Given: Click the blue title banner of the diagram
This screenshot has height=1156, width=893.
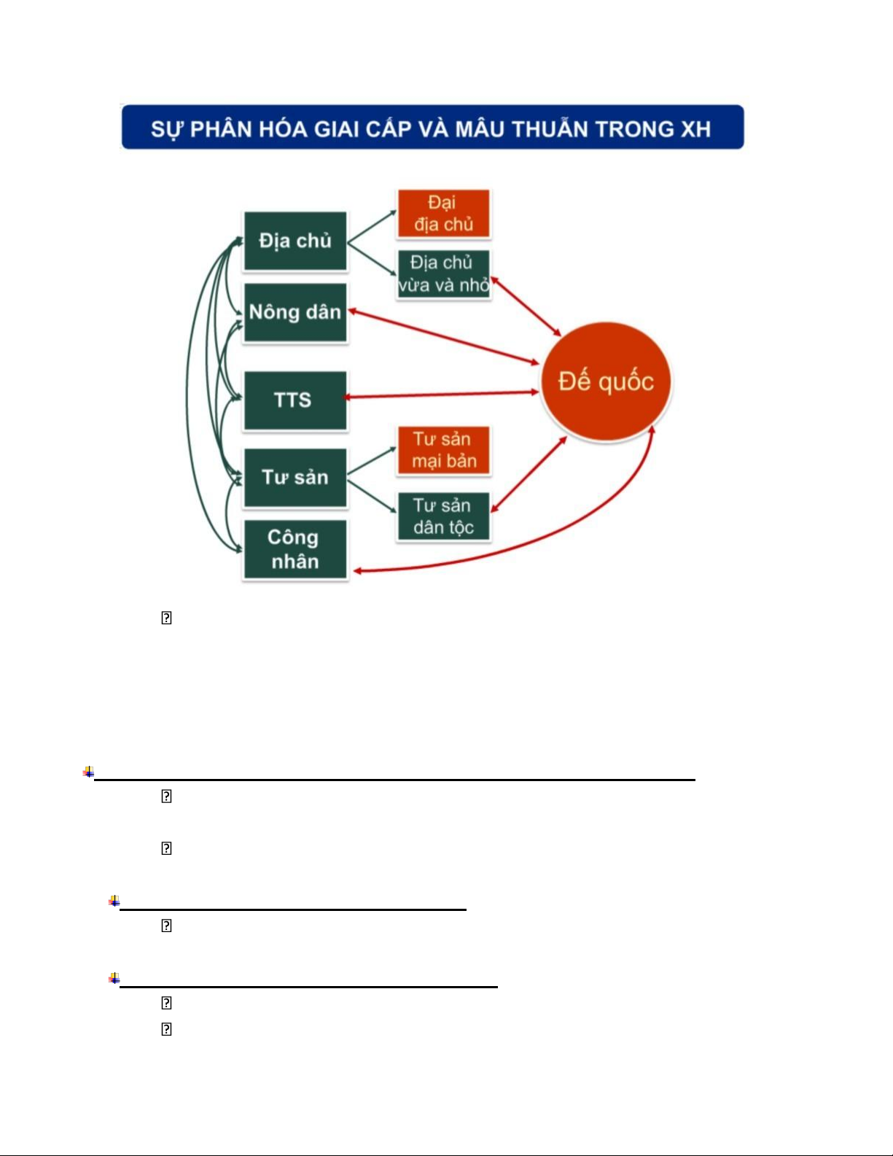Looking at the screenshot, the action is click(433, 127).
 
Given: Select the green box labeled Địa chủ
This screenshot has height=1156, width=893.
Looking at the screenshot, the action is click(295, 241).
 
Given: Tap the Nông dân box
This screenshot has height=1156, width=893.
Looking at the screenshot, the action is click(295, 312).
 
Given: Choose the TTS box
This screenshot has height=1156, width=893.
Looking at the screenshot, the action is click(295, 400).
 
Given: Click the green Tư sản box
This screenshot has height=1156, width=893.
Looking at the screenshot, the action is click(295, 477).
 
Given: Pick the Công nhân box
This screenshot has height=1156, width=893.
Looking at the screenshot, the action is click(295, 549).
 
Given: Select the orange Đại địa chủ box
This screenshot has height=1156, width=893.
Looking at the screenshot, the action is click(444, 213).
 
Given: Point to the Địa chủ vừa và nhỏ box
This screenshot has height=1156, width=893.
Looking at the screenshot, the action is click(444, 274).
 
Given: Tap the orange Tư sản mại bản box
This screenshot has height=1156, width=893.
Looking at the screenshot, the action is click(444, 450).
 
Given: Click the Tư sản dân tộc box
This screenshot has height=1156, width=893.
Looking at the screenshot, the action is click(444, 516).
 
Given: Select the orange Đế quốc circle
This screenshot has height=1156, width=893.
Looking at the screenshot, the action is click(606, 381).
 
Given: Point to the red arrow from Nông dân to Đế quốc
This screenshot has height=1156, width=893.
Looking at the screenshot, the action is click(443, 337).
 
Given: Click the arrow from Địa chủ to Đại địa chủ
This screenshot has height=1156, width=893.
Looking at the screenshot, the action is click(372, 227).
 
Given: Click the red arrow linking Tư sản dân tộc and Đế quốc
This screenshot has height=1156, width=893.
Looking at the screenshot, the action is click(529, 474).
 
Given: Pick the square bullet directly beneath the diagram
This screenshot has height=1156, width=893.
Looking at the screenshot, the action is click(166, 618).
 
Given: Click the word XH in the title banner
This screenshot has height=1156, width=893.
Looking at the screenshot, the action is click(695, 129).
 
